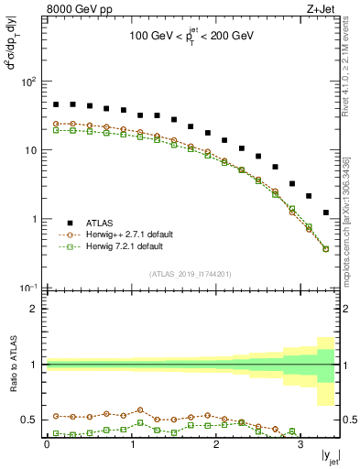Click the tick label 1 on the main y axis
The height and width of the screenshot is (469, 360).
34,220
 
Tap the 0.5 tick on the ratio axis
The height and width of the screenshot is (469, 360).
30,420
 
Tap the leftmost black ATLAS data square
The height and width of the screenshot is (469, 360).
56,104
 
